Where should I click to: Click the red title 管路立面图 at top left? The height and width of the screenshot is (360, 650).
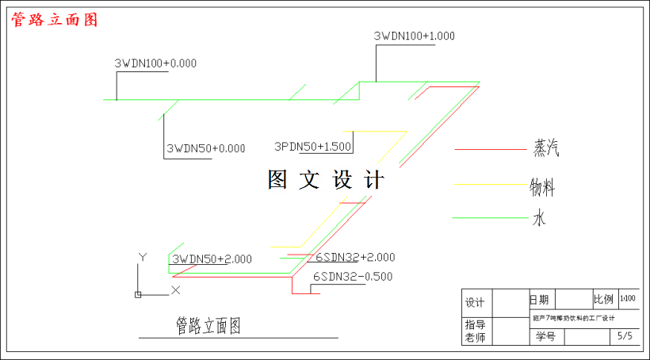click(54, 20)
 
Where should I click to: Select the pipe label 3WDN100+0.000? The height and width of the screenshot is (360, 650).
click(155, 63)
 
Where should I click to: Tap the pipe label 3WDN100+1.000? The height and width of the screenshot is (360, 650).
click(414, 36)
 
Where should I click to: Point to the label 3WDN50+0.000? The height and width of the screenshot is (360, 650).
click(205, 148)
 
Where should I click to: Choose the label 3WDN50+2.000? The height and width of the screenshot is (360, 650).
click(212, 259)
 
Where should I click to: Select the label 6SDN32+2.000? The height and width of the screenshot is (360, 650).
click(354, 257)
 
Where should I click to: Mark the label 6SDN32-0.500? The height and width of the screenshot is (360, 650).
click(353, 277)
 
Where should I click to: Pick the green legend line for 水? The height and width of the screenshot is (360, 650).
click(488, 217)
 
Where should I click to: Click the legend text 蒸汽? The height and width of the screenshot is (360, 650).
click(552, 147)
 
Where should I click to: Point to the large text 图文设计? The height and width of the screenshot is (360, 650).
click(326, 180)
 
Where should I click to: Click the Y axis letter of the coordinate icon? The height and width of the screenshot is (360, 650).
click(143, 257)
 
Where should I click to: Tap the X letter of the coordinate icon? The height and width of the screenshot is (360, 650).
click(176, 290)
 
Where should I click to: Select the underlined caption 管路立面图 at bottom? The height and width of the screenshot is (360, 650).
click(208, 325)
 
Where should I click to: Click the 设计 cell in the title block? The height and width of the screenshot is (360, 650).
click(475, 302)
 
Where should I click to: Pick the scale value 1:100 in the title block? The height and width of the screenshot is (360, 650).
click(628, 298)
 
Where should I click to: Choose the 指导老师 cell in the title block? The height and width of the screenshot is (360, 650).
click(475, 331)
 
